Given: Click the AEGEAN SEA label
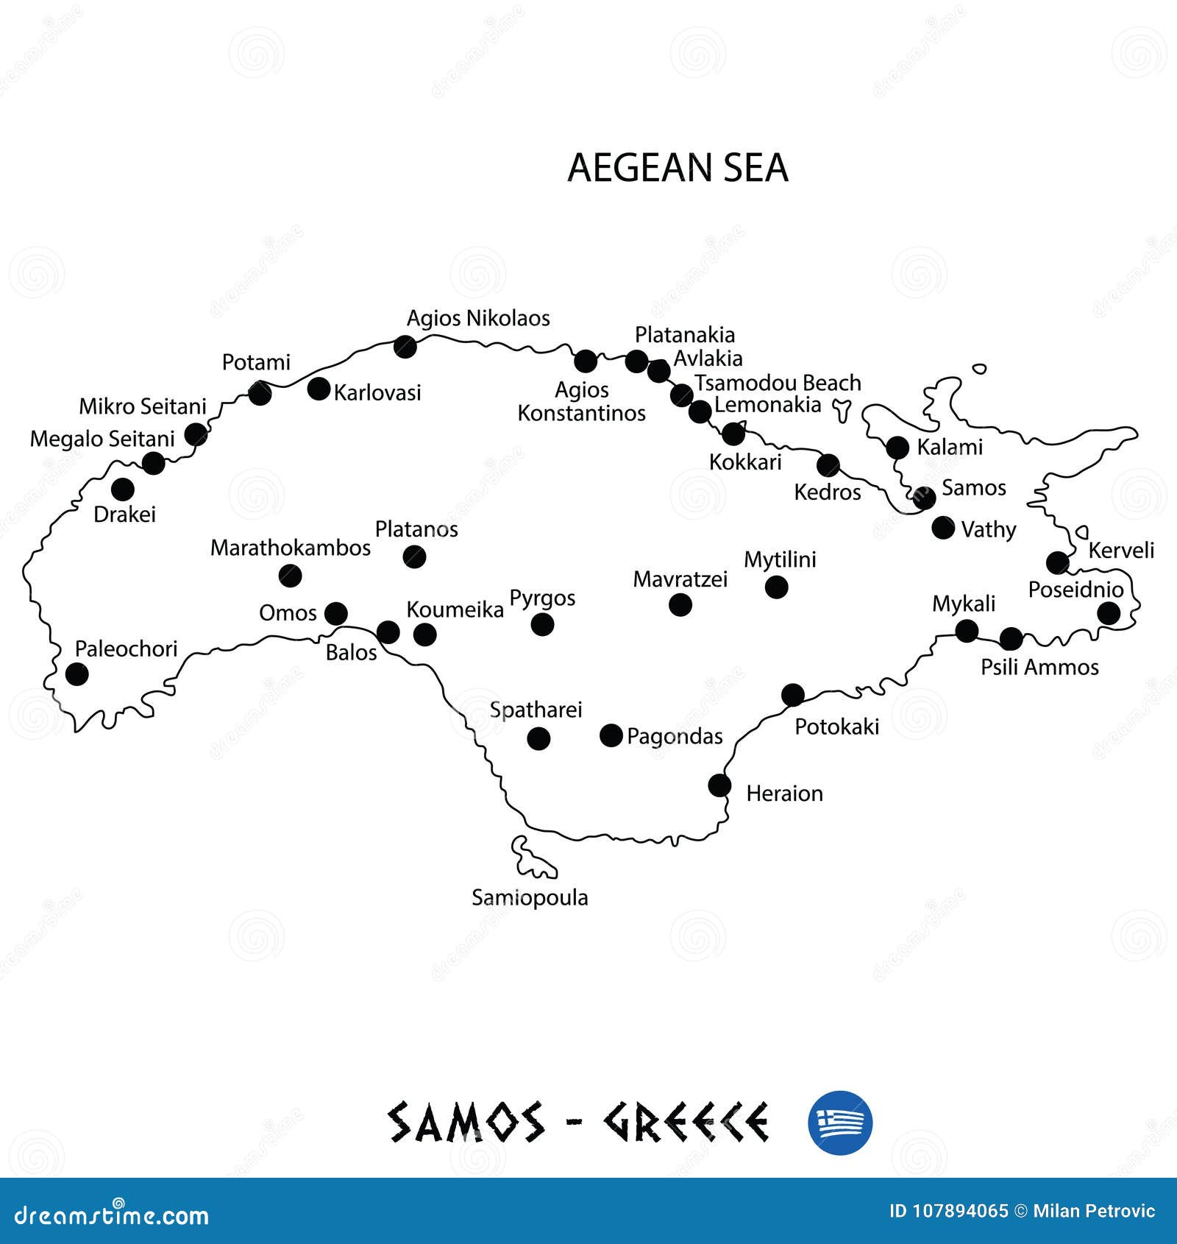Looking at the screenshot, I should click(x=678, y=168).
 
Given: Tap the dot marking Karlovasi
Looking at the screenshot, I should click(x=319, y=389).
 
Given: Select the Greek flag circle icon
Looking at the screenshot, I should click(x=840, y=1123).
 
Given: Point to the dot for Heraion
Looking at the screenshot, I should click(x=719, y=785).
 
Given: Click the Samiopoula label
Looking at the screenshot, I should click(x=530, y=898).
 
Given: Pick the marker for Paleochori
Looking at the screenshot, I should click(x=77, y=674).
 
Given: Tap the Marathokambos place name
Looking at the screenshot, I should click(x=291, y=548).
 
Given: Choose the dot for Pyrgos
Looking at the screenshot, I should click(x=542, y=625).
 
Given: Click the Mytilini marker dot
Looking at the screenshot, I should click(x=776, y=587).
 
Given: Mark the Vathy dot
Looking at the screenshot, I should click(x=943, y=528).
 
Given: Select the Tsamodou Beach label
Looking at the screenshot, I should click(x=778, y=384).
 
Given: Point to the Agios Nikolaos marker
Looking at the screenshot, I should click(x=405, y=346).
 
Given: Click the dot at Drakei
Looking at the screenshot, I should click(x=123, y=489).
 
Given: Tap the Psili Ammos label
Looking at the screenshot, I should click(x=1039, y=668).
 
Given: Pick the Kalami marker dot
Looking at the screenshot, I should click(x=897, y=448).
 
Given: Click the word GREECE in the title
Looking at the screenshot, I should click(x=686, y=1123).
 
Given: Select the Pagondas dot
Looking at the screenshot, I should click(x=611, y=735).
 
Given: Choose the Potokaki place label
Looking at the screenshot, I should click(x=837, y=727).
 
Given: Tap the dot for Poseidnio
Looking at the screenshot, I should click(x=1109, y=613).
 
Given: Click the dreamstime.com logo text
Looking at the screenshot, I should click(x=112, y=1216).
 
